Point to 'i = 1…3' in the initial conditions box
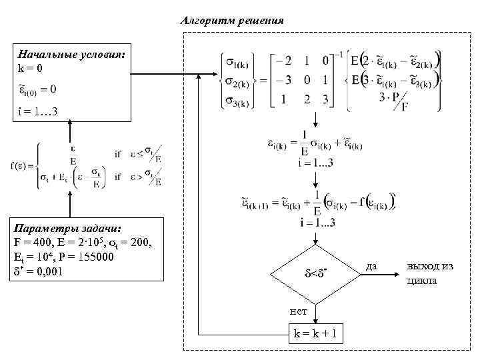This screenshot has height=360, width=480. [38, 110]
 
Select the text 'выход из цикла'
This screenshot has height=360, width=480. [430, 273]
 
